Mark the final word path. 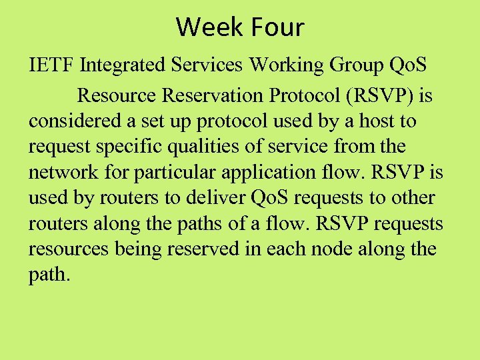[48, 275]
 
